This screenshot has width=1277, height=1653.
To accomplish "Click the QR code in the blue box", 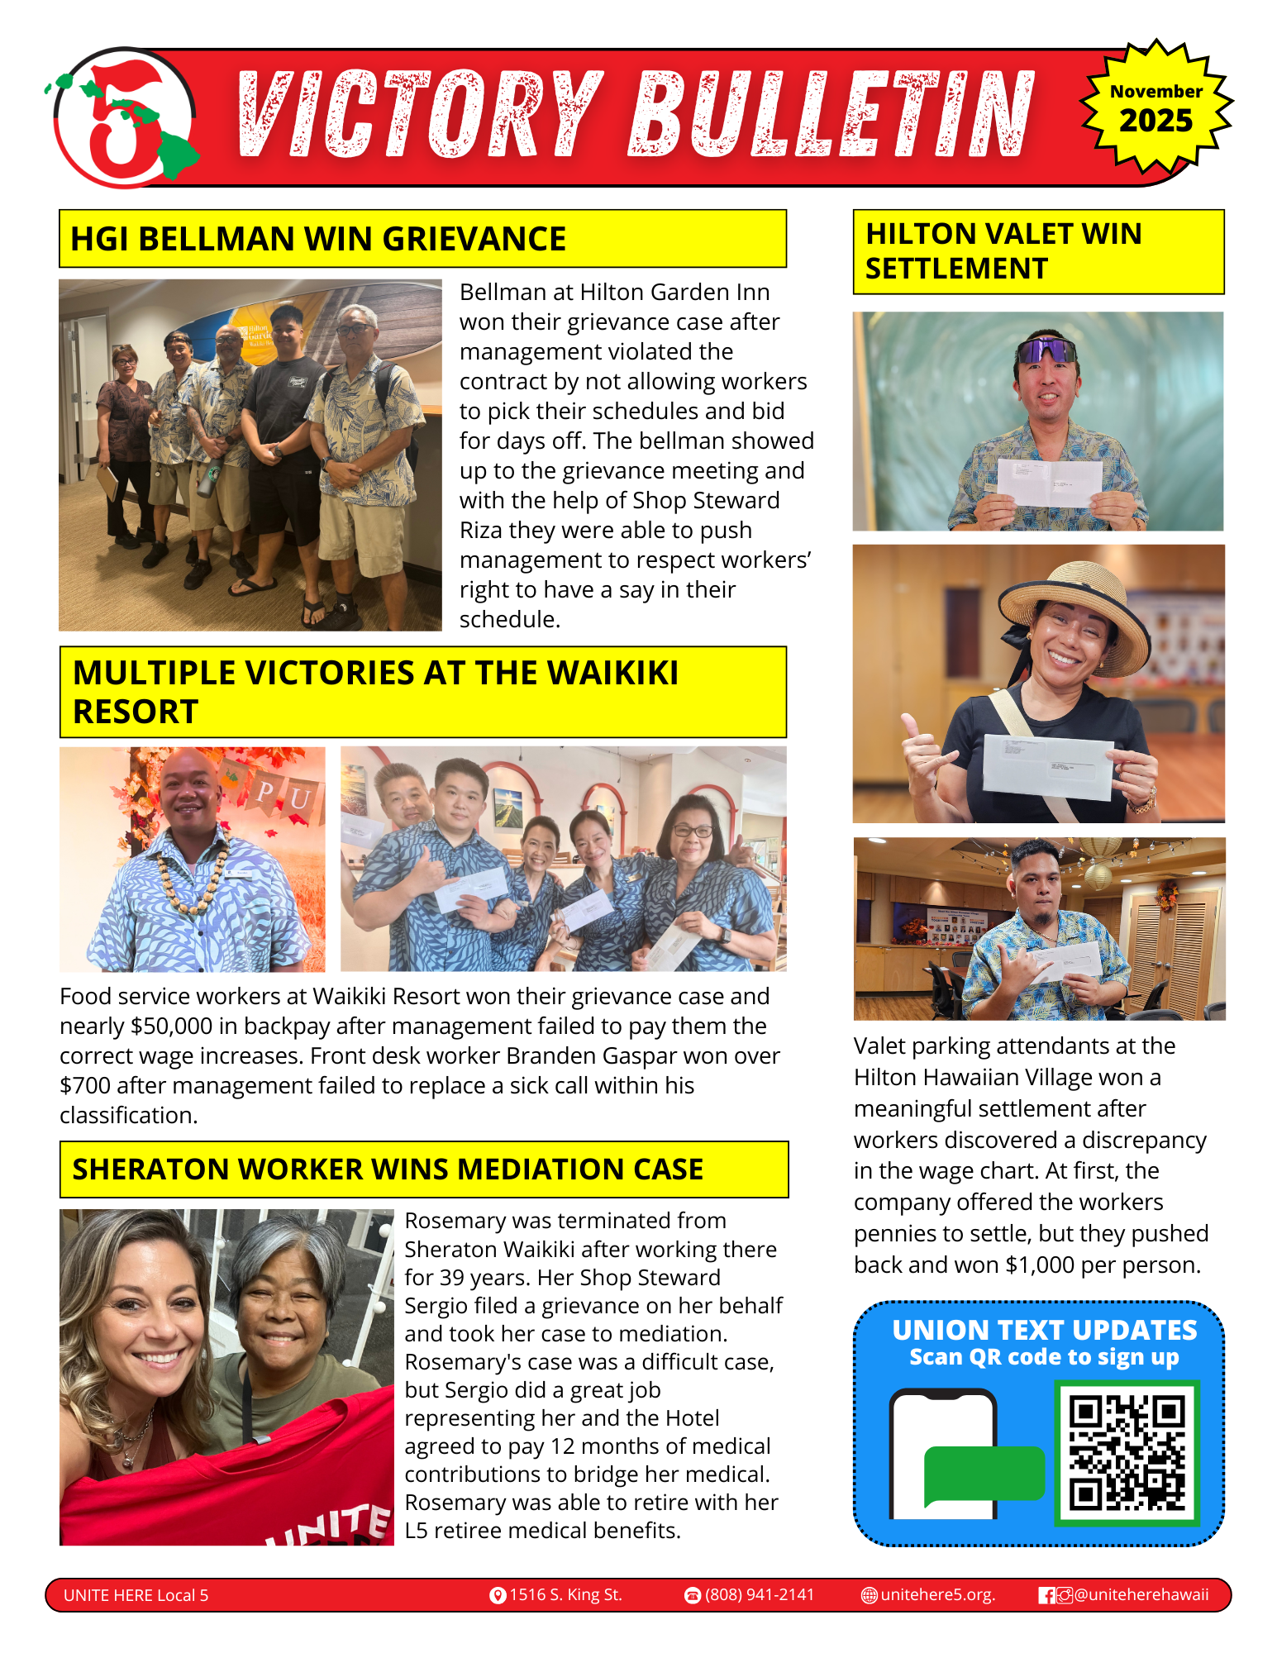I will (1127, 1452).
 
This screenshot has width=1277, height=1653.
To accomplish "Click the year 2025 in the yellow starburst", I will (1156, 121).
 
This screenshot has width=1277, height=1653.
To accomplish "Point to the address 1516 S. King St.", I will (565, 1594).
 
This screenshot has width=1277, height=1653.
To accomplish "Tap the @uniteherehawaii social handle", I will (1141, 1594).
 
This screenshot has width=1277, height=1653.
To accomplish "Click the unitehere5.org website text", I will (937, 1594).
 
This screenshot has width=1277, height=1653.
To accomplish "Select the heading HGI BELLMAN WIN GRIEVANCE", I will (318, 239).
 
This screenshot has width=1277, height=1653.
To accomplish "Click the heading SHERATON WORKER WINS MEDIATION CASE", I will (388, 1169).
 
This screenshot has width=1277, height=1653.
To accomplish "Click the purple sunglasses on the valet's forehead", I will (1046, 350).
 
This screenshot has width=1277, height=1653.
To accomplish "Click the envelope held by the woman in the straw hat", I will (1048, 765).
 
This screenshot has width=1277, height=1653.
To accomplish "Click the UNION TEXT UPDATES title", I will (1044, 1330).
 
